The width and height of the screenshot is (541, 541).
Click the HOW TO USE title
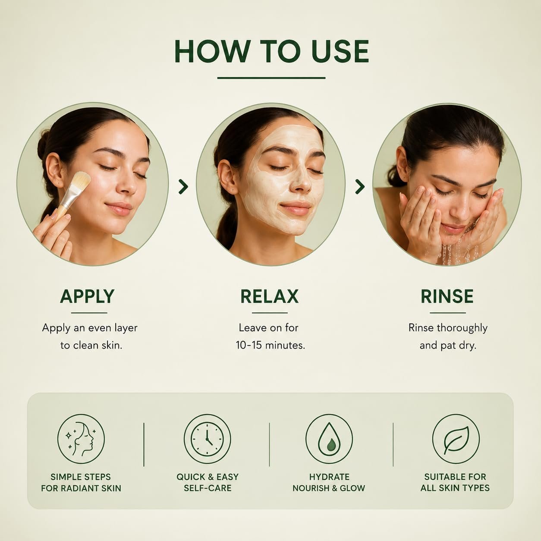pos(271,51)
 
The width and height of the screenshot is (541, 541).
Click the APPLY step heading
pos(87,296)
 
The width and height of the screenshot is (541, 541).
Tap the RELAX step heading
pos(270,296)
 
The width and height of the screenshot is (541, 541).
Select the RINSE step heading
pos(447,296)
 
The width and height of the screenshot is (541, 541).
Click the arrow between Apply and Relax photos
pos(183,187)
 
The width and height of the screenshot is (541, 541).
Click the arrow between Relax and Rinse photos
pos(360,187)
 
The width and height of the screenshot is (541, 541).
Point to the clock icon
pos(207,438)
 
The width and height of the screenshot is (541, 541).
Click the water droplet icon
pos(329,438)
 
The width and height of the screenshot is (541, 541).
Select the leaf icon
pos(456,438)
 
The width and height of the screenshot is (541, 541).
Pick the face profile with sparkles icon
pos(81,438)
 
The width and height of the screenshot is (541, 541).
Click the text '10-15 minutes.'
pos(270,345)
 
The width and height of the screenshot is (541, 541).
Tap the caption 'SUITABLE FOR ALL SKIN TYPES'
pos(455,482)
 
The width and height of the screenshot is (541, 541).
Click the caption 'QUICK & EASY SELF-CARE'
pos(208,482)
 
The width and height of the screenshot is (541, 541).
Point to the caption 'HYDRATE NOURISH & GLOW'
pos(329,482)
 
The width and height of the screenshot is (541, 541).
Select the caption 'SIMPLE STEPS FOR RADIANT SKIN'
pos(81,482)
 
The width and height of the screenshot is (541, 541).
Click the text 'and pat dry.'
pos(448,346)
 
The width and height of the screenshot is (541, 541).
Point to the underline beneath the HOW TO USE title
pos(271,78)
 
